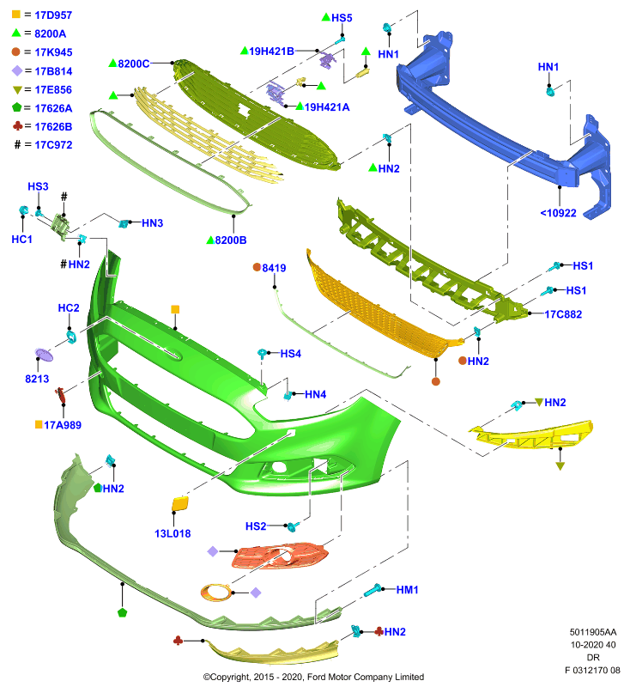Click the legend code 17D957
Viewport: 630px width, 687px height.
pyautogui.click(x=53, y=15)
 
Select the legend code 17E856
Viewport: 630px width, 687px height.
pyautogui.click(x=53, y=90)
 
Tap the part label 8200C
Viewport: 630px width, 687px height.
pyautogui.click(x=134, y=64)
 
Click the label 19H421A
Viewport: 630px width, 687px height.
pyautogui.click(x=327, y=107)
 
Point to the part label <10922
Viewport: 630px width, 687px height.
pyautogui.click(x=558, y=213)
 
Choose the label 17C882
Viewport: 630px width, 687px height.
pyautogui.click(x=563, y=314)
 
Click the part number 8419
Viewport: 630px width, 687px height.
pyautogui.click(x=274, y=268)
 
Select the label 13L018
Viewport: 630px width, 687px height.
pyautogui.click(x=173, y=533)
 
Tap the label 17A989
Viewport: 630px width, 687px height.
pyautogui.click(x=63, y=425)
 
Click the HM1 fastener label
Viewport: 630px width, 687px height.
pyautogui.click(x=407, y=590)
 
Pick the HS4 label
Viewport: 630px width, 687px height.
pyautogui.click(x=291, y=354)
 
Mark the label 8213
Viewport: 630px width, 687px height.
pyautogui.click(x=37, y=379)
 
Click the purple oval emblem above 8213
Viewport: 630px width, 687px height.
pyautogui.click(x=44, y=355)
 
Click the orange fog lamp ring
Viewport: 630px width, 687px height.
pyautogui.click(x=215, y=593)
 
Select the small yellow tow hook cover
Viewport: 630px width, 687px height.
pyautogui.click(x=180, y=503)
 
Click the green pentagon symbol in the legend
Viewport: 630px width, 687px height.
pyautogui.click(x=16, y=107)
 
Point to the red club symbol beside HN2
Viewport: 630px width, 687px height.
pyautogui.click(x=379, y=632)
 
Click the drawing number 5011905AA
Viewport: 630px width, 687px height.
pyautogui.click(x=593, y=632)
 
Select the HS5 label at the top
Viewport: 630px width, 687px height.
pyautogui.click(x=342, y=18)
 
